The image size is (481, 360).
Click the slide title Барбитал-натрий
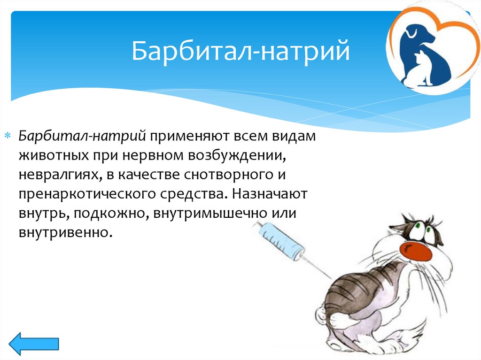[241, 51]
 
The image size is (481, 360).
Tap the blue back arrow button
[34, 344]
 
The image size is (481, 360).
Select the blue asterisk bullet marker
[8, 136]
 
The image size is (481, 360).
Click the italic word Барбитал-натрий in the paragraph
[82, 136]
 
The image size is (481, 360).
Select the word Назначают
[269, 194]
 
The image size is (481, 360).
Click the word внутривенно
[64, 232]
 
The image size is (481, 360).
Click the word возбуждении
[237, 156]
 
